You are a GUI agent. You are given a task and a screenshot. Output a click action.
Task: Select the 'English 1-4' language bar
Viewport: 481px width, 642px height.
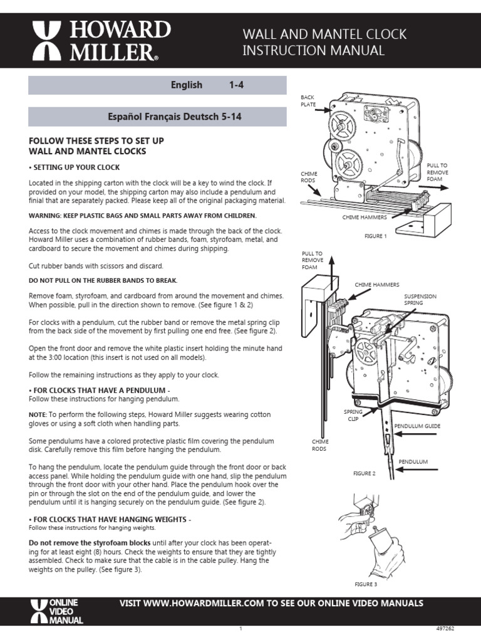158,85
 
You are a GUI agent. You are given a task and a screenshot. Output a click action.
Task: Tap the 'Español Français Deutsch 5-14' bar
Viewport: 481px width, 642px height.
158,117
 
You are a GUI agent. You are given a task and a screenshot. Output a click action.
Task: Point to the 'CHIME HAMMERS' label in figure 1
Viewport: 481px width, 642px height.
365,217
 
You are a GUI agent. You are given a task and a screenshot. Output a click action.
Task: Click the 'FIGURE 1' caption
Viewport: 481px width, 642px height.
376,236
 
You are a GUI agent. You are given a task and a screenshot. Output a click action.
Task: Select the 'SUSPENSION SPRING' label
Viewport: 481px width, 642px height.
420,299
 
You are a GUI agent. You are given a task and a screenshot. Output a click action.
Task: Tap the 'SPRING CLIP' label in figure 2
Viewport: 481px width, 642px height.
353,415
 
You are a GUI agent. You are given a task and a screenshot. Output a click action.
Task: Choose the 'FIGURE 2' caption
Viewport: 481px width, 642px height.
365,473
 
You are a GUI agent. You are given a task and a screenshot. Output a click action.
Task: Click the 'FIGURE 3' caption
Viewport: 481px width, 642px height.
366,584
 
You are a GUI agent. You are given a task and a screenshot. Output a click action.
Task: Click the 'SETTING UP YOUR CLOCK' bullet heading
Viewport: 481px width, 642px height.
75,167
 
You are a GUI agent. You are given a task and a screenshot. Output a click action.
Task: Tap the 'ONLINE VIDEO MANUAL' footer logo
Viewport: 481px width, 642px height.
56,611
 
